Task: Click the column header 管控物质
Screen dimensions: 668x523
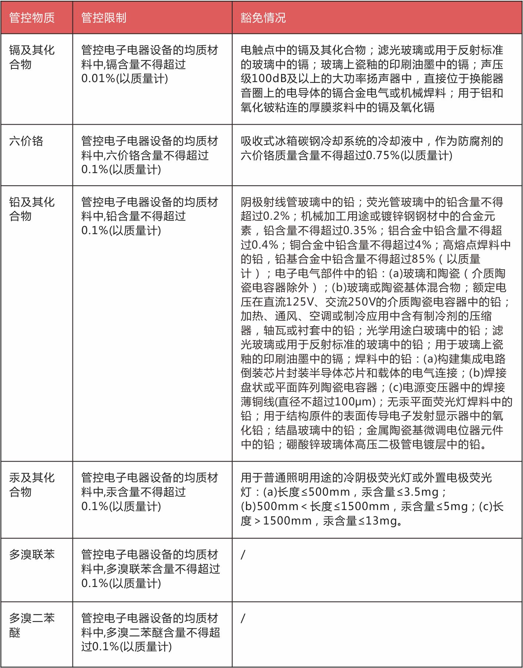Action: click(32, 18)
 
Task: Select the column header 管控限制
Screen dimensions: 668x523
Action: click(104, 18)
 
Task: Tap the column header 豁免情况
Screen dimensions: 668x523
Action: click(263, 18)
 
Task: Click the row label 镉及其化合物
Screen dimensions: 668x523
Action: click(32, 57)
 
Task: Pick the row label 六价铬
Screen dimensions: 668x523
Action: click(26, 141)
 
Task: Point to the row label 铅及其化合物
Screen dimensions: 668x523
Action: click(32, 209)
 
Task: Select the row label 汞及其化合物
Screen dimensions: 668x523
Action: click(32, 485)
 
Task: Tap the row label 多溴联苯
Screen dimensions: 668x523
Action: click(32, 554)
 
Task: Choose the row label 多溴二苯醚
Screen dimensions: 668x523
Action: click(32, 625)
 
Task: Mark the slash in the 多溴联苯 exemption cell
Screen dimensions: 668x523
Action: click(243, 554)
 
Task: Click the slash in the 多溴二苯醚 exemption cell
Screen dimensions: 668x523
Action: click(243, 618)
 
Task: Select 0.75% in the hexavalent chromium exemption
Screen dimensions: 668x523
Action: click(383, 155)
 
